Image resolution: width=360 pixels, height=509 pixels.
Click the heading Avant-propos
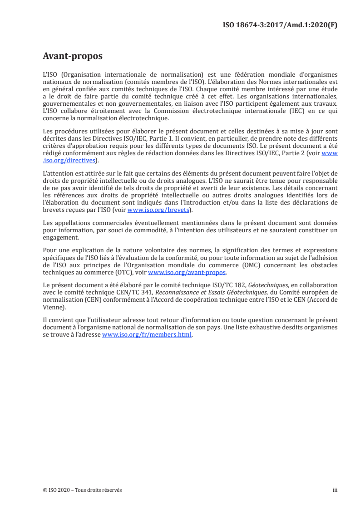72,56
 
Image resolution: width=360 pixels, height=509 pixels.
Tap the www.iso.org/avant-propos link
187,272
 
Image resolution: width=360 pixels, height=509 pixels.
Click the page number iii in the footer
335,490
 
